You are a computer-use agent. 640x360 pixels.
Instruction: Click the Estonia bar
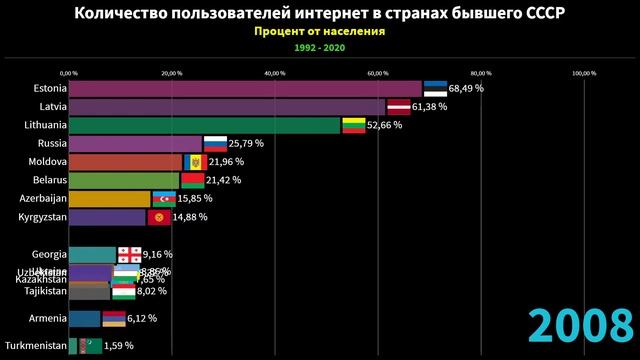click(x=245, y=88)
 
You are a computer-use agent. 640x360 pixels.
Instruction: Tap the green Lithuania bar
click(x=205, y=125)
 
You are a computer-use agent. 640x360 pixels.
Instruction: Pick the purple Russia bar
click(x=135, y=143)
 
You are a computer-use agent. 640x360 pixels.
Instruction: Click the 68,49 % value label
click(x=466, y=88)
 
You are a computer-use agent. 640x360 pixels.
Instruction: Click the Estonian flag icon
click(x=434, y=88)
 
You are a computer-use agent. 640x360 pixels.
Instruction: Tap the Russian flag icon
click(x=215, y=143)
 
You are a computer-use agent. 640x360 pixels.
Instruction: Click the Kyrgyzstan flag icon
click(x=158, y=217)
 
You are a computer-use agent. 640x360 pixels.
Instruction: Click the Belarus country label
click(x=43, y=180)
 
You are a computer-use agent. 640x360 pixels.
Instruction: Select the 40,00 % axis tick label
click(x=275, y=72)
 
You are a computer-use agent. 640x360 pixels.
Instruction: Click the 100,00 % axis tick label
click(x=583, y=72)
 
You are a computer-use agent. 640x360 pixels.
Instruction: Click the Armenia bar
click(x=84, y=319)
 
